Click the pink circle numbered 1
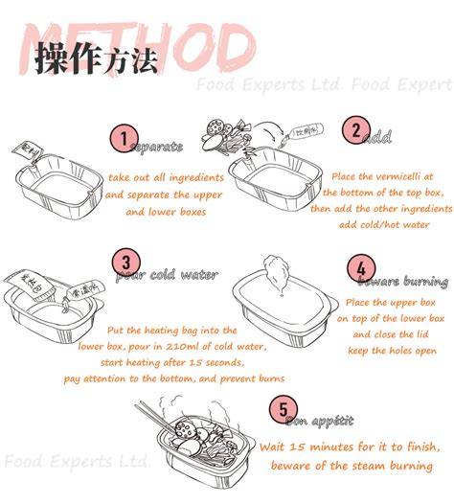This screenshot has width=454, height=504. [121, 138]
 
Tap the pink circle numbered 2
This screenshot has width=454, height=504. [356, 131]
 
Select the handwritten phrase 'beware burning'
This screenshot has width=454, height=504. [402, 282]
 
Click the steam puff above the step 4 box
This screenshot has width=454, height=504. [275, 271]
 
